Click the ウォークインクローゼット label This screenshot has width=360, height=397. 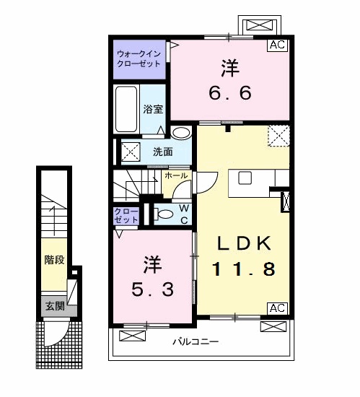point(139,58)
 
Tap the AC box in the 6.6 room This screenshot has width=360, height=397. point(278,45)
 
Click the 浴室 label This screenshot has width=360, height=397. point(152,110)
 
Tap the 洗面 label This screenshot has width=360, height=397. point(162,152)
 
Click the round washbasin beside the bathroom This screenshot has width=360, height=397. point(181,133)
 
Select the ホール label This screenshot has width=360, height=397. point(176,175)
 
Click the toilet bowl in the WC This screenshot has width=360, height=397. point(165,214)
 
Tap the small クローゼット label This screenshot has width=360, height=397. point(126,215)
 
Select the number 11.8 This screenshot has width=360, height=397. point(243,270)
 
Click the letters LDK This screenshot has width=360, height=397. point(243,243)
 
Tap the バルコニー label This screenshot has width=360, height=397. point(196,341)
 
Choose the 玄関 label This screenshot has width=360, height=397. point(55,306)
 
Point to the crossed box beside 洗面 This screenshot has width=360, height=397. point(131,152)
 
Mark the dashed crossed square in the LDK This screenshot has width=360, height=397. point(278,135)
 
